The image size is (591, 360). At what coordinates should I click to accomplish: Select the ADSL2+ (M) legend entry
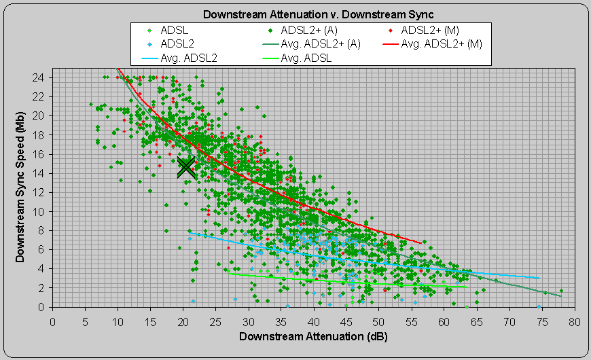441,30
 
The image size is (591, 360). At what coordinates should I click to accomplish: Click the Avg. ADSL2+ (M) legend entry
441,43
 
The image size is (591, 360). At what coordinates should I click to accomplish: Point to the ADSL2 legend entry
177,43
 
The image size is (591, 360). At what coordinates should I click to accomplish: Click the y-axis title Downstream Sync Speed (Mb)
20,187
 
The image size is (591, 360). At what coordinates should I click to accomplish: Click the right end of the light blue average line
539,277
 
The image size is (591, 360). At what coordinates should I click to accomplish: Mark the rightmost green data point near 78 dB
561,291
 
